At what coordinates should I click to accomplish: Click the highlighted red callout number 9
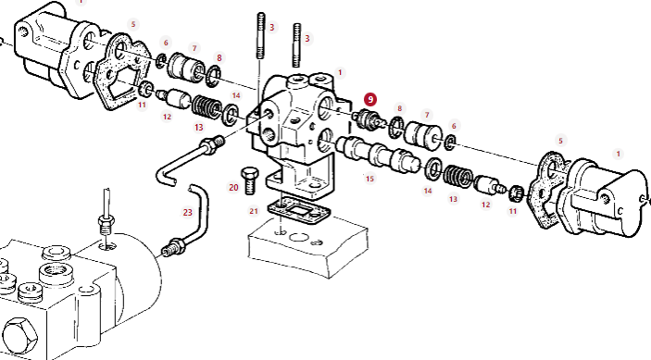(x=369, y=100)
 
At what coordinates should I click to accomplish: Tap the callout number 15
(x=369, y=179)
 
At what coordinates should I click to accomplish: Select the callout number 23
(x=188, y=212)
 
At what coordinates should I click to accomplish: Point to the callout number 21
(x=254, y=211)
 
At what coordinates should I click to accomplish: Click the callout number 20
(x=233, y=188)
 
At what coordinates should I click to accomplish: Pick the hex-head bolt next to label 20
(x=249, y=180)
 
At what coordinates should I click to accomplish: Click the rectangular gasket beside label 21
(x=298, y=212)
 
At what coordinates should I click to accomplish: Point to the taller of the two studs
(x=261, y=36)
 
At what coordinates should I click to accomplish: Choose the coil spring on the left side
(x=207, y=107)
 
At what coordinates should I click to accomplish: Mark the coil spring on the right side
(x=458, y=176)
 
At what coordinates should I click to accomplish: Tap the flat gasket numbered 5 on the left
(x=122, y=71)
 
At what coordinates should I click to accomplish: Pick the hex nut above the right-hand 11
(x=515, y=192)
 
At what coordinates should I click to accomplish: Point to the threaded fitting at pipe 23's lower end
(x=173, y=247)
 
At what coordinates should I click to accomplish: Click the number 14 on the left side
(x=236, y=96)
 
